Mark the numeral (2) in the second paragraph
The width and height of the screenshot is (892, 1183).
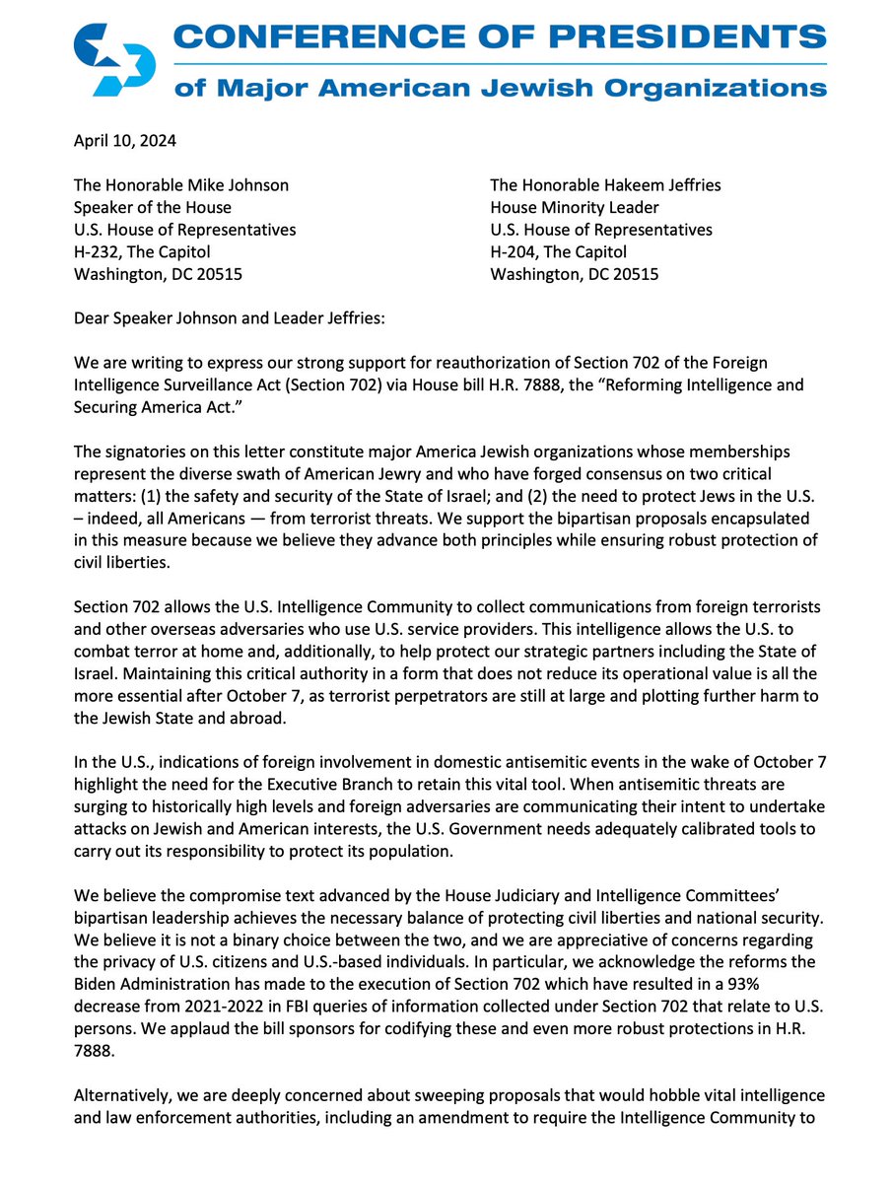(534, 523)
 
